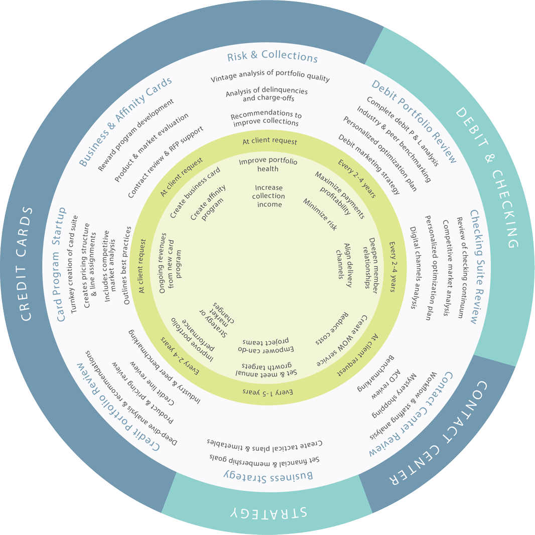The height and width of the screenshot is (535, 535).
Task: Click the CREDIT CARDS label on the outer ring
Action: (27, 263)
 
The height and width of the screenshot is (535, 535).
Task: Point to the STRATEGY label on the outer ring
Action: (269, 513)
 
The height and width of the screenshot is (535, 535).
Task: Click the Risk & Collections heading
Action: (273, 57)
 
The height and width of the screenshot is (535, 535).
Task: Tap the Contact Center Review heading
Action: (412, 415)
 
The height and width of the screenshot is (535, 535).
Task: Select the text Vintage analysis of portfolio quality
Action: (270, 78)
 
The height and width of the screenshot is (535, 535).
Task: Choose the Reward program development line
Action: (136, 135)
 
